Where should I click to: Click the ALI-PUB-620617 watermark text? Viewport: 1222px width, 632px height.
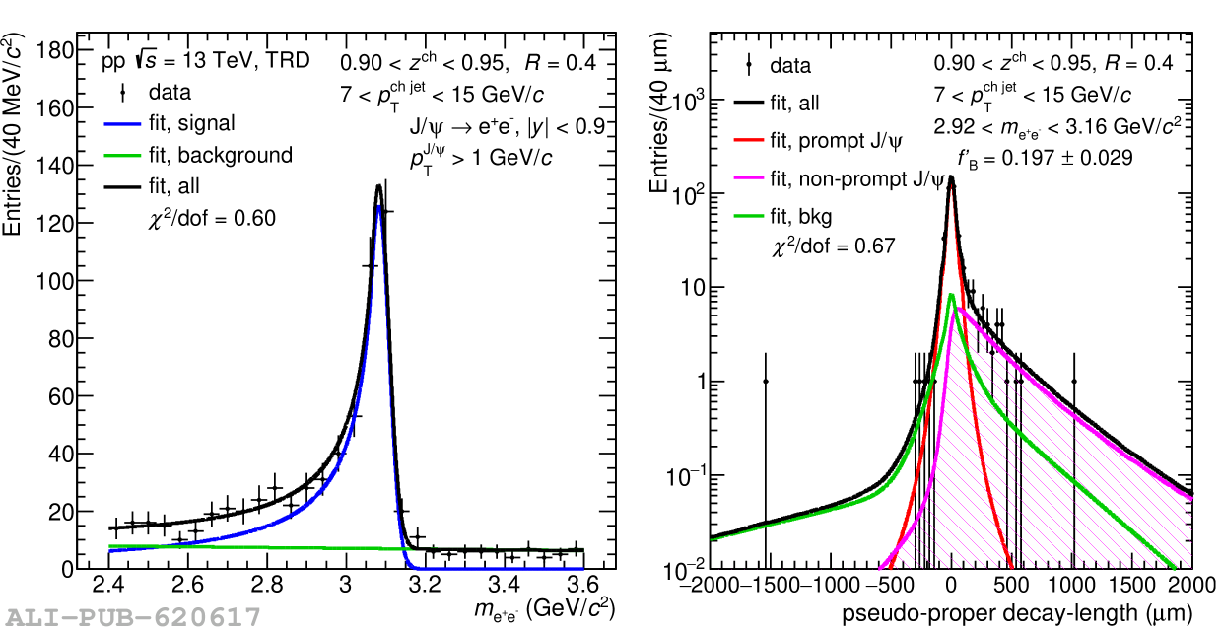coord(131,618)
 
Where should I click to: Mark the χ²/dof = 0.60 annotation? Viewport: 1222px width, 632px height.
coord(211,218)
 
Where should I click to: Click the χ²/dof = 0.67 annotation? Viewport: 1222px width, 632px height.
coord(833,246)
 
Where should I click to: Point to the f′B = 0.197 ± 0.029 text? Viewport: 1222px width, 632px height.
coord(1045,157)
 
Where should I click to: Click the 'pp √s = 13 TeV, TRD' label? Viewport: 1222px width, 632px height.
coord(206,61)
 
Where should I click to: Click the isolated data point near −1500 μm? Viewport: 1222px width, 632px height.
coord(766,382)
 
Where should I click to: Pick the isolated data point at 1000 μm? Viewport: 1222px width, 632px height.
coord(1073,382)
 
